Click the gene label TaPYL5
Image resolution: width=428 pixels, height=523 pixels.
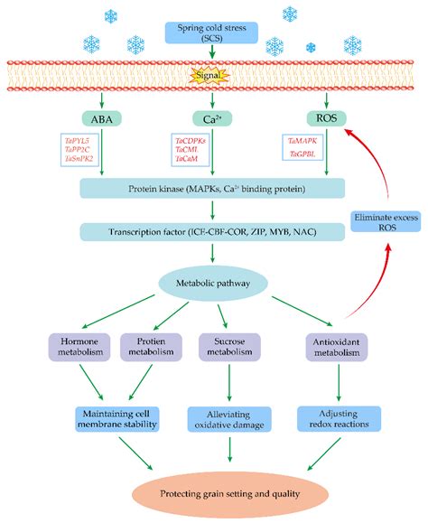79,141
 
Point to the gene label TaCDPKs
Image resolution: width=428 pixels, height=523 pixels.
191,141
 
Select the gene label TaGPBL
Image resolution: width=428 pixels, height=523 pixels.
302,154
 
